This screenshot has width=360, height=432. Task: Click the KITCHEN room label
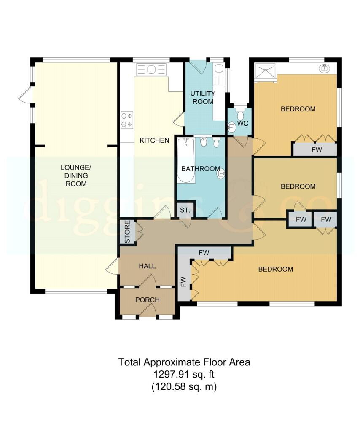coord(154,140)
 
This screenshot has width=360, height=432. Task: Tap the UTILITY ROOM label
coord(203,97)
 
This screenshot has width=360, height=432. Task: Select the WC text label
coord(243,124)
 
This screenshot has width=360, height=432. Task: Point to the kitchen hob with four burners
coord(127,120)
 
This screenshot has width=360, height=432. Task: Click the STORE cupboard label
coord(127,232)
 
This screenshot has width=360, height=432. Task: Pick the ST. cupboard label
coord(185,210)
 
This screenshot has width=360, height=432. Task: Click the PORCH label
coord(148,300)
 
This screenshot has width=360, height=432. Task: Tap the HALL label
coord(147,266)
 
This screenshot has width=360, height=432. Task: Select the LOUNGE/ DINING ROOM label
coord(76,175)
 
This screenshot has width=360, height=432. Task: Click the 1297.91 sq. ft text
coord(184,374)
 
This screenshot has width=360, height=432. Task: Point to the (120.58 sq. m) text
coord(184,386)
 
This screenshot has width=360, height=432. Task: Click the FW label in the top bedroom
coord(317,150)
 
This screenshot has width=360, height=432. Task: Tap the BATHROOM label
coord(201,169)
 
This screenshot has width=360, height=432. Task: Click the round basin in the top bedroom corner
coord(325,68)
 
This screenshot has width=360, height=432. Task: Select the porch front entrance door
coord(148,312)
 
